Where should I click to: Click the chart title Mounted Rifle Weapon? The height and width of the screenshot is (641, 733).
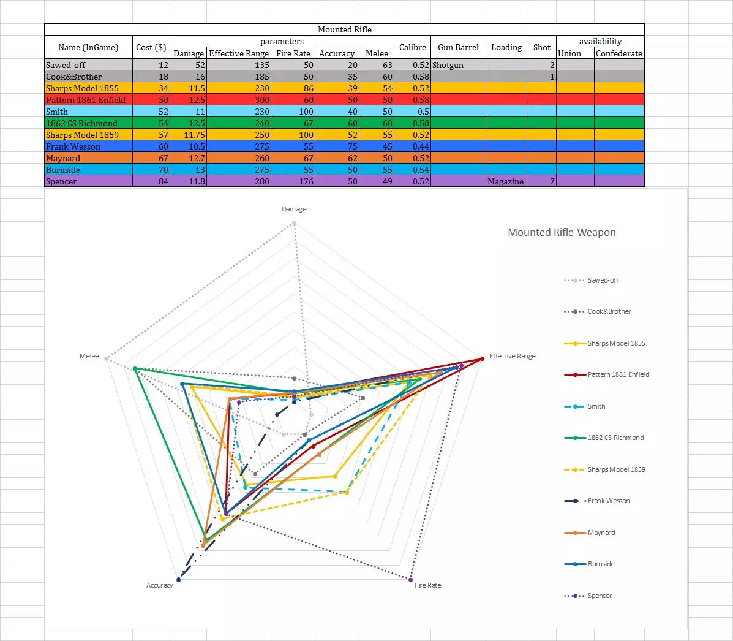[562, 232]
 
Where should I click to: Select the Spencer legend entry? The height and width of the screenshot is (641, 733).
[599, 596]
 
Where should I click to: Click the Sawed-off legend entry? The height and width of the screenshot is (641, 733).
[603, 280]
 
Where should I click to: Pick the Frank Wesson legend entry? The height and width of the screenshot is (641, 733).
[608, 501]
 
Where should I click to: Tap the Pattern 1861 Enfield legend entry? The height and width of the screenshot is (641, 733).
[618, 374]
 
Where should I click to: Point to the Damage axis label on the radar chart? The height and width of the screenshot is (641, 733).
[294, 209]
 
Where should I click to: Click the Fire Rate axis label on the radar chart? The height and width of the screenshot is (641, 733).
[427, 585]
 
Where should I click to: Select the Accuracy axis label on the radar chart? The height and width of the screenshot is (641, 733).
[159, 585]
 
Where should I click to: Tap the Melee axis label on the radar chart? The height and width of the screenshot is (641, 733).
[89, 356]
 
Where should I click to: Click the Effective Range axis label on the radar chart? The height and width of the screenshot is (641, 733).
[512, 356]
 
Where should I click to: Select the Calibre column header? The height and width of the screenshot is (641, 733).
[412, 47]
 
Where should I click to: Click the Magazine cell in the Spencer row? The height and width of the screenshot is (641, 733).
[506, 181]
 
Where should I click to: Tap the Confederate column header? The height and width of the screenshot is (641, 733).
[618, 53]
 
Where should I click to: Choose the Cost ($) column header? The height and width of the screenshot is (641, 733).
[151, 47]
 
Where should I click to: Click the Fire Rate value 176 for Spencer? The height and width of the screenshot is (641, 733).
[306, 181]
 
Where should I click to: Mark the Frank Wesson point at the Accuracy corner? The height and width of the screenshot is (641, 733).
[178, 579]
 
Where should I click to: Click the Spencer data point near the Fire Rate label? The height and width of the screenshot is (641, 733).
[410, 578]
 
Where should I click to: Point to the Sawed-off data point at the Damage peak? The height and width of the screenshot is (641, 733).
[294, 223]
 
